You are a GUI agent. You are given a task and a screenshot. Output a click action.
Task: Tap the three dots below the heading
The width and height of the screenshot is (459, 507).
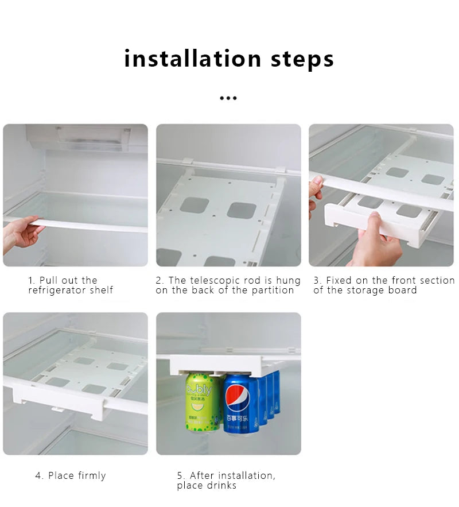coord(228,98)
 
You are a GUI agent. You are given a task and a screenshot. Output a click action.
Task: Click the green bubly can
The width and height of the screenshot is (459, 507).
coord(201,402)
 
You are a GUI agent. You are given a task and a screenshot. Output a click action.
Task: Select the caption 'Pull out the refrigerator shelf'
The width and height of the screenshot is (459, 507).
coord(71,285)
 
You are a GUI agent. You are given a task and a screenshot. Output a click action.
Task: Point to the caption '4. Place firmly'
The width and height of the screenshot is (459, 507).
coord(71,475)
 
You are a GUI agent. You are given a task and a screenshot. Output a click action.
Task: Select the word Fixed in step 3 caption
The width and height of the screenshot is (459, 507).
coord(339,281)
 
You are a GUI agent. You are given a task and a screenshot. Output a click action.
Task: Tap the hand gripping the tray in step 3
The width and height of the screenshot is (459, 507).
coord(376,241)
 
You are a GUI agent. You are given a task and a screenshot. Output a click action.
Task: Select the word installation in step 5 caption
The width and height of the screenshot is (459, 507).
coord(248,475)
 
